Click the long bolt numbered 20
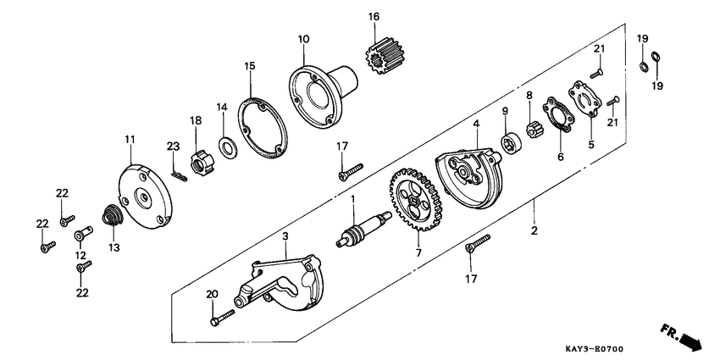[x=223, y=318]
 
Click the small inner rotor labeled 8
[x=534, y=131]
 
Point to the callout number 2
[x=534, y=231]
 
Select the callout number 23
[x=173, y=147]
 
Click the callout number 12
[x=80, y=255]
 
